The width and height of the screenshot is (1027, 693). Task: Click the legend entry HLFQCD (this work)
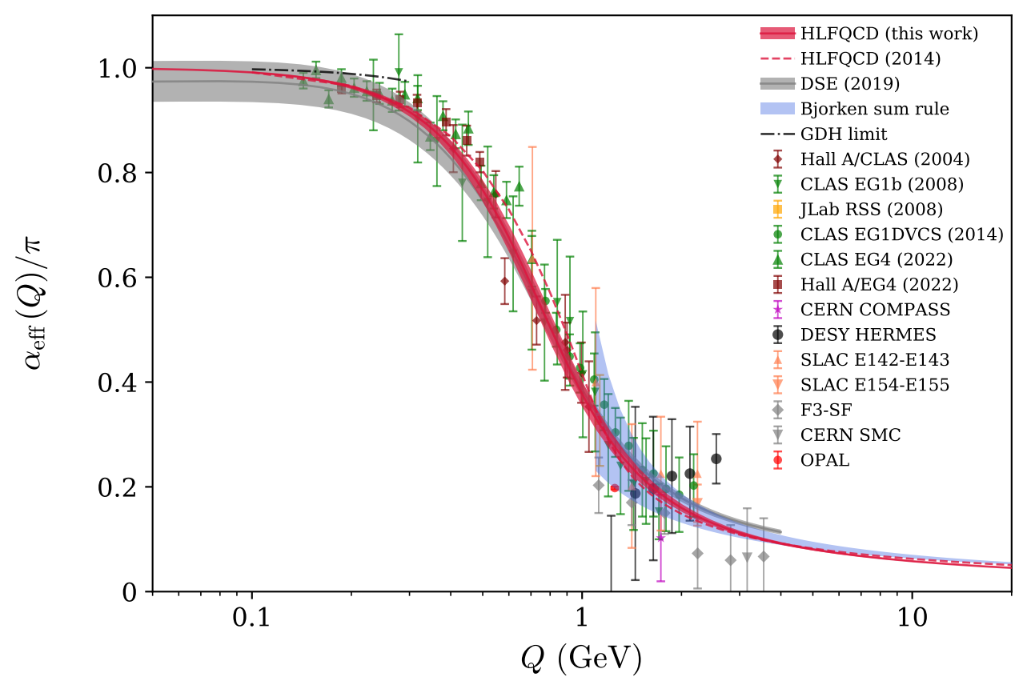point(889,34)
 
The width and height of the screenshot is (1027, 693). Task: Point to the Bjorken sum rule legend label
point(869,108)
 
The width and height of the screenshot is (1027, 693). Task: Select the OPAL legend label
point(826,460)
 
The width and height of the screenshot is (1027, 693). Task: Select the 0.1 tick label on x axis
point(252,619)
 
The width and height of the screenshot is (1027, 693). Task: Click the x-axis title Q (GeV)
point(580,659)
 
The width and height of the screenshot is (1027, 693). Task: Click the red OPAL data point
point(615,487)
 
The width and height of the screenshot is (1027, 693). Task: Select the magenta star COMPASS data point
point(660,538)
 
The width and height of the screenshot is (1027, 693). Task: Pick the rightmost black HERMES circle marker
point(716,459)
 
